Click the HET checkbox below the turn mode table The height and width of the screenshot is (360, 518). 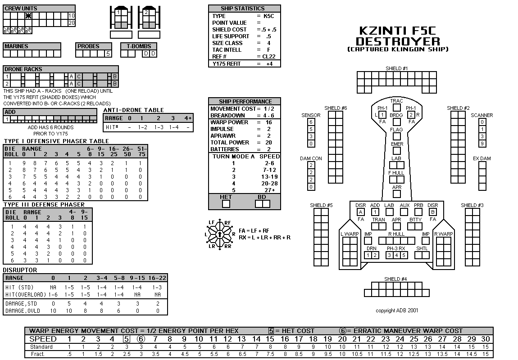[226, 204]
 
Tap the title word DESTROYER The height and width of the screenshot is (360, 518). [398, 41]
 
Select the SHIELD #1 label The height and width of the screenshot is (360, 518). [396, 68]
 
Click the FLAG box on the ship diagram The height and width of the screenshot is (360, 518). [396, 136]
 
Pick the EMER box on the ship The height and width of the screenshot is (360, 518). [396, 151]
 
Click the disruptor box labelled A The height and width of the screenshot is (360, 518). [361, 212]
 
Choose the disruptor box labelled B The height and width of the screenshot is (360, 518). [432, 212]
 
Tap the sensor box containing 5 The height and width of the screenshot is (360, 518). [311, 129]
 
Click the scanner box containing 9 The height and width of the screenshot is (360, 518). [482, 144]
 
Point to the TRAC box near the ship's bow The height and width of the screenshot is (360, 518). [396, 108]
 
